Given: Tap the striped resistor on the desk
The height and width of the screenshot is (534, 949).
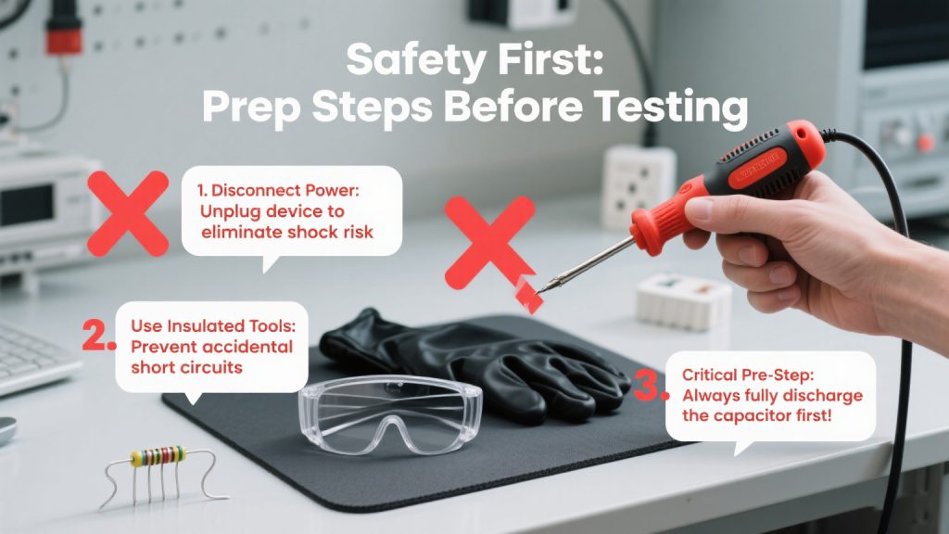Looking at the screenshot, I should (x=158, y=455).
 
